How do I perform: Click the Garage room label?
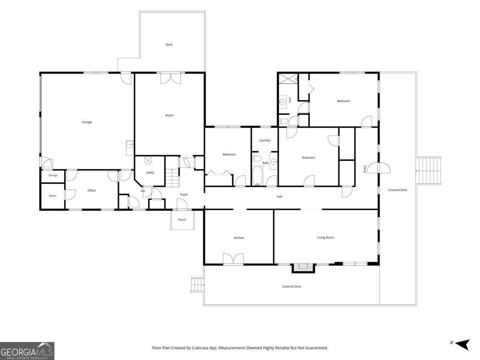coord(87,122)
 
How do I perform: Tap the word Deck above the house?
coord(169,44)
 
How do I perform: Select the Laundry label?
coord(265,140)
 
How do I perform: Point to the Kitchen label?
coord(239,238)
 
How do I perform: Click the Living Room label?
coord(326,237)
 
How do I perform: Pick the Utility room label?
coord(150,172)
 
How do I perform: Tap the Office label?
coord(92,190)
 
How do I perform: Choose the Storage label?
coord(53,175)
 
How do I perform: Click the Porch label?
coord(182,220)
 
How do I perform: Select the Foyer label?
coord(184,194)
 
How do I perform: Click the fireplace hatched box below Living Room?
coord(303,268)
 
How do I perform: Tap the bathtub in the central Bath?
coord(258,176)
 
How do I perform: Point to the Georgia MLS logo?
coord(27,351)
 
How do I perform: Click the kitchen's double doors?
coord(233,258)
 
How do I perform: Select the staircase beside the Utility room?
coord(172,178)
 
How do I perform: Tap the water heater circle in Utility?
coord(148,161)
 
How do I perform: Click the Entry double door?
coord(378,168)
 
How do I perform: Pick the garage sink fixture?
coord(130,145)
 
